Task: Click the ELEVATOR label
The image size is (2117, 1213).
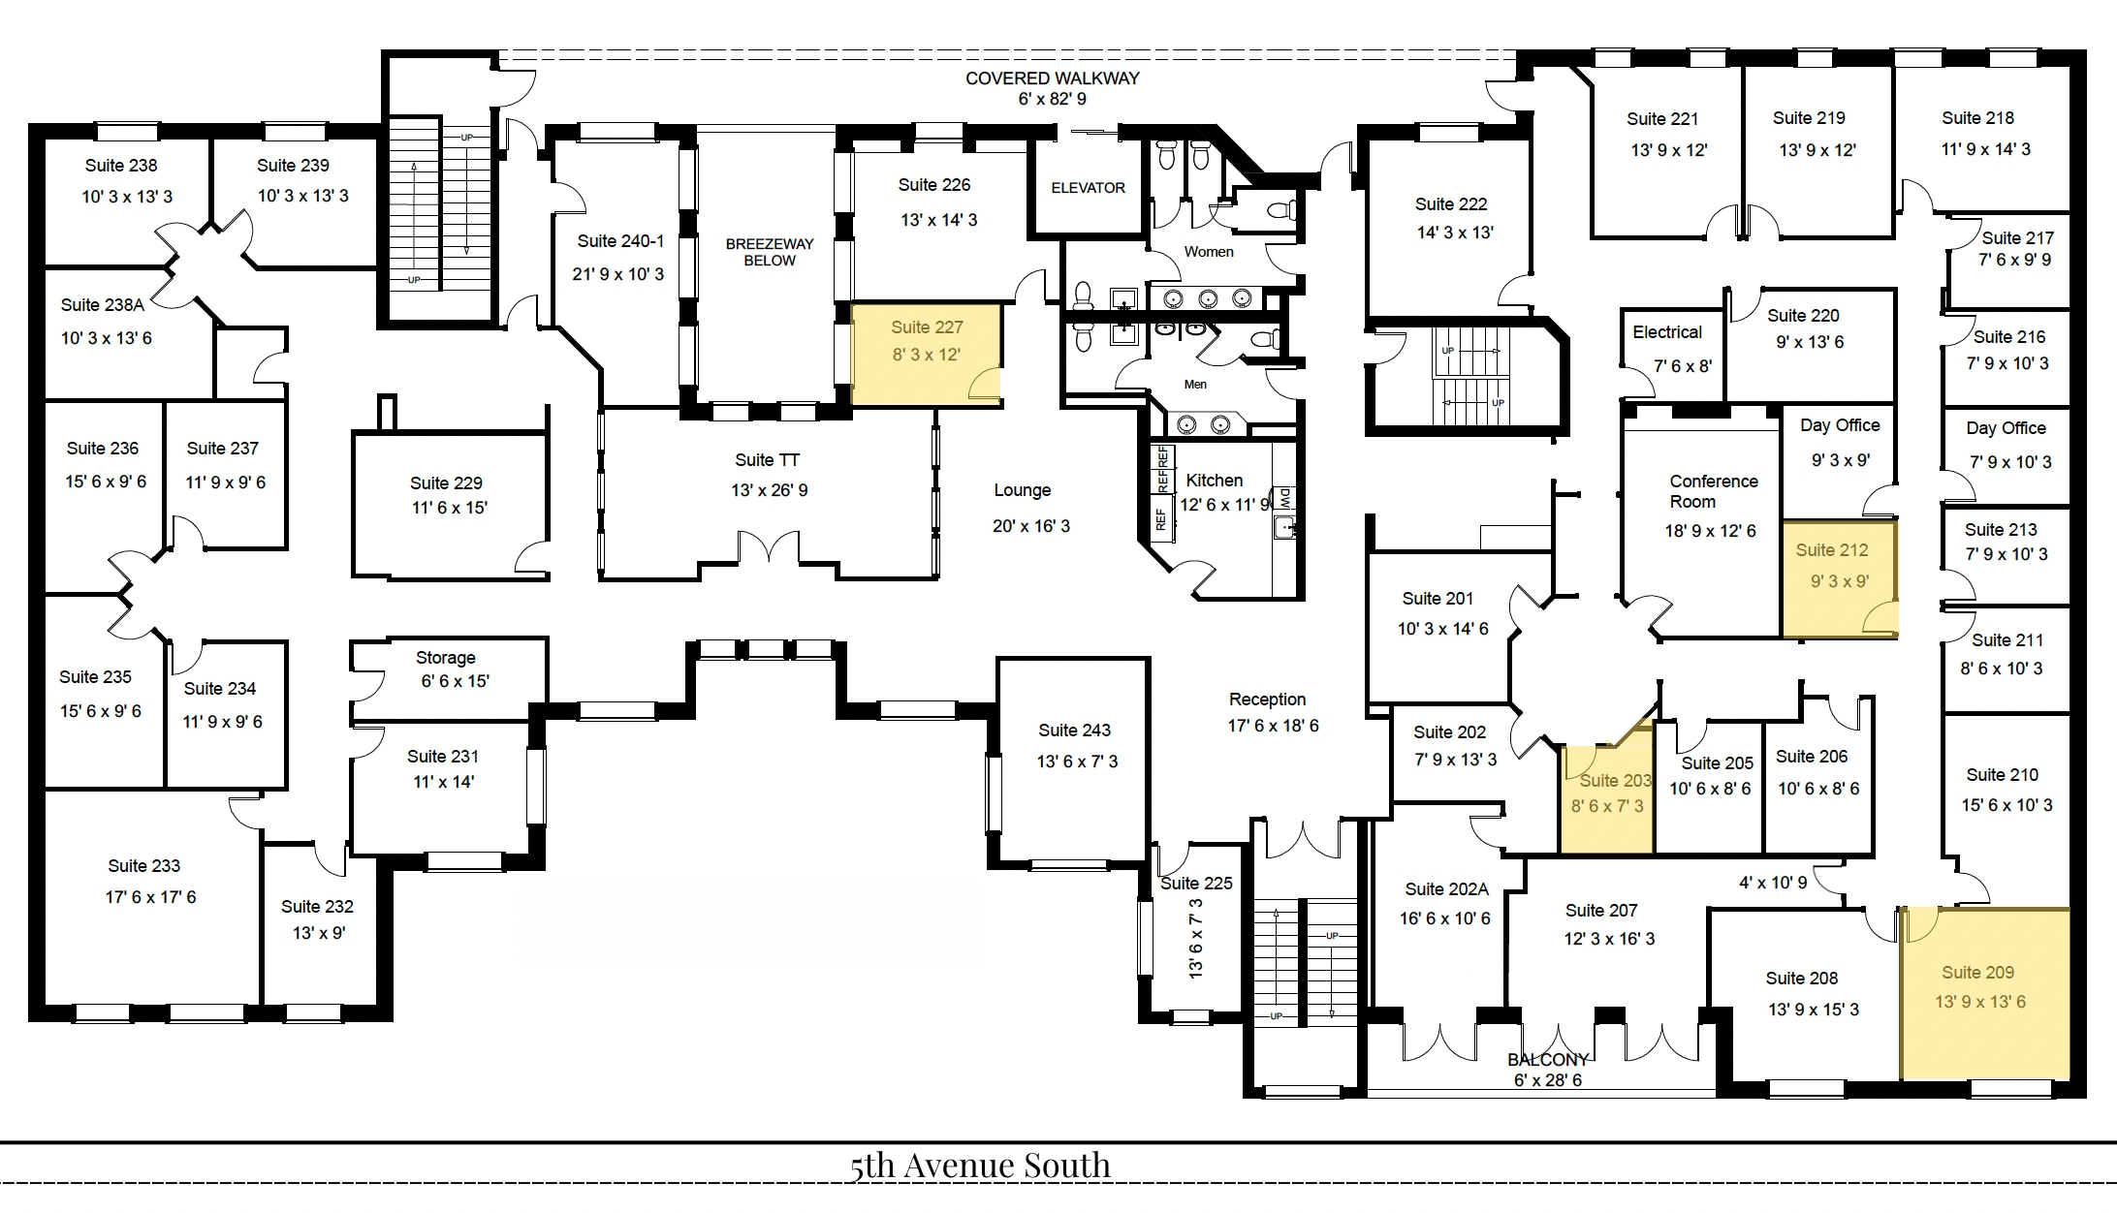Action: (x=1088, y=188)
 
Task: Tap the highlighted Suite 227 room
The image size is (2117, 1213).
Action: (x=926, y=354)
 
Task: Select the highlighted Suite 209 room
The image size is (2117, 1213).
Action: (x=1984, y=993)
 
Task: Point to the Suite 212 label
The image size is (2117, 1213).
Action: (x=1831, y=550)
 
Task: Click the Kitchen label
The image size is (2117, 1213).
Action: (x=1214, y=481)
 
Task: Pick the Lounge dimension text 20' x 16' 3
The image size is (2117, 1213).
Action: (x=1030, y=526)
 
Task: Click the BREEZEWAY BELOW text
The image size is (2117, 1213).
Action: (x=770, y=252)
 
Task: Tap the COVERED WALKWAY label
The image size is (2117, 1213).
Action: (x=1052, y=78)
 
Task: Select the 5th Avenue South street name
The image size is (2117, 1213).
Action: (x=980, y=1165)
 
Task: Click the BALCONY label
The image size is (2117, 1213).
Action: (x=1548, y=1060)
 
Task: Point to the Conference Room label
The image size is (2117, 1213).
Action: (x=1713, y=491)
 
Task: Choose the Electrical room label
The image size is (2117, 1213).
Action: (x=1666, y=332)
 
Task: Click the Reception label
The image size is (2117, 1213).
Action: (x=1267, y=700)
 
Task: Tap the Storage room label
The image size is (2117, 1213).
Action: (x=445, y=658)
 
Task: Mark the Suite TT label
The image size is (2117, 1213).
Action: (x=767, y=460)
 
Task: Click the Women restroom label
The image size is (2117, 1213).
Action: (x=1209, y=252)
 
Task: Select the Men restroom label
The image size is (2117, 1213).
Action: (x=1195, y=385)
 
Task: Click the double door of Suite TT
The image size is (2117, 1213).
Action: (x=769, y=547)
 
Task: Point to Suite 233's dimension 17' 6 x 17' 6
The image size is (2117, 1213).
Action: (x=150, y=897)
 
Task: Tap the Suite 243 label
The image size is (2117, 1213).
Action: (x=1074, y=731)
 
